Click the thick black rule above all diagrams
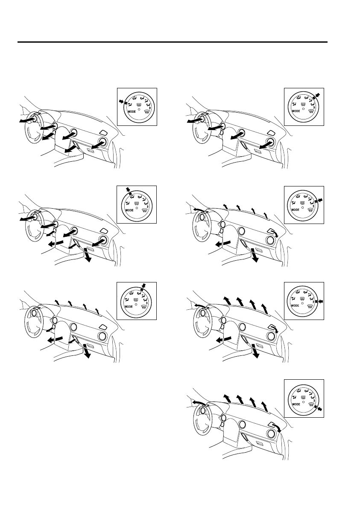pos(172,42)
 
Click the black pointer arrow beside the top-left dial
pos(122,102)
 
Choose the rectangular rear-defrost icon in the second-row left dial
pos(139,203)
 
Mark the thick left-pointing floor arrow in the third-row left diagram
pos(55,340)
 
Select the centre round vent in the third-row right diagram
pos(242,326)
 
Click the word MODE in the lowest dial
pos(296,404)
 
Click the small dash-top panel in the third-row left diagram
pos(103,326)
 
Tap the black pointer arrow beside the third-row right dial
pos(321,302)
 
